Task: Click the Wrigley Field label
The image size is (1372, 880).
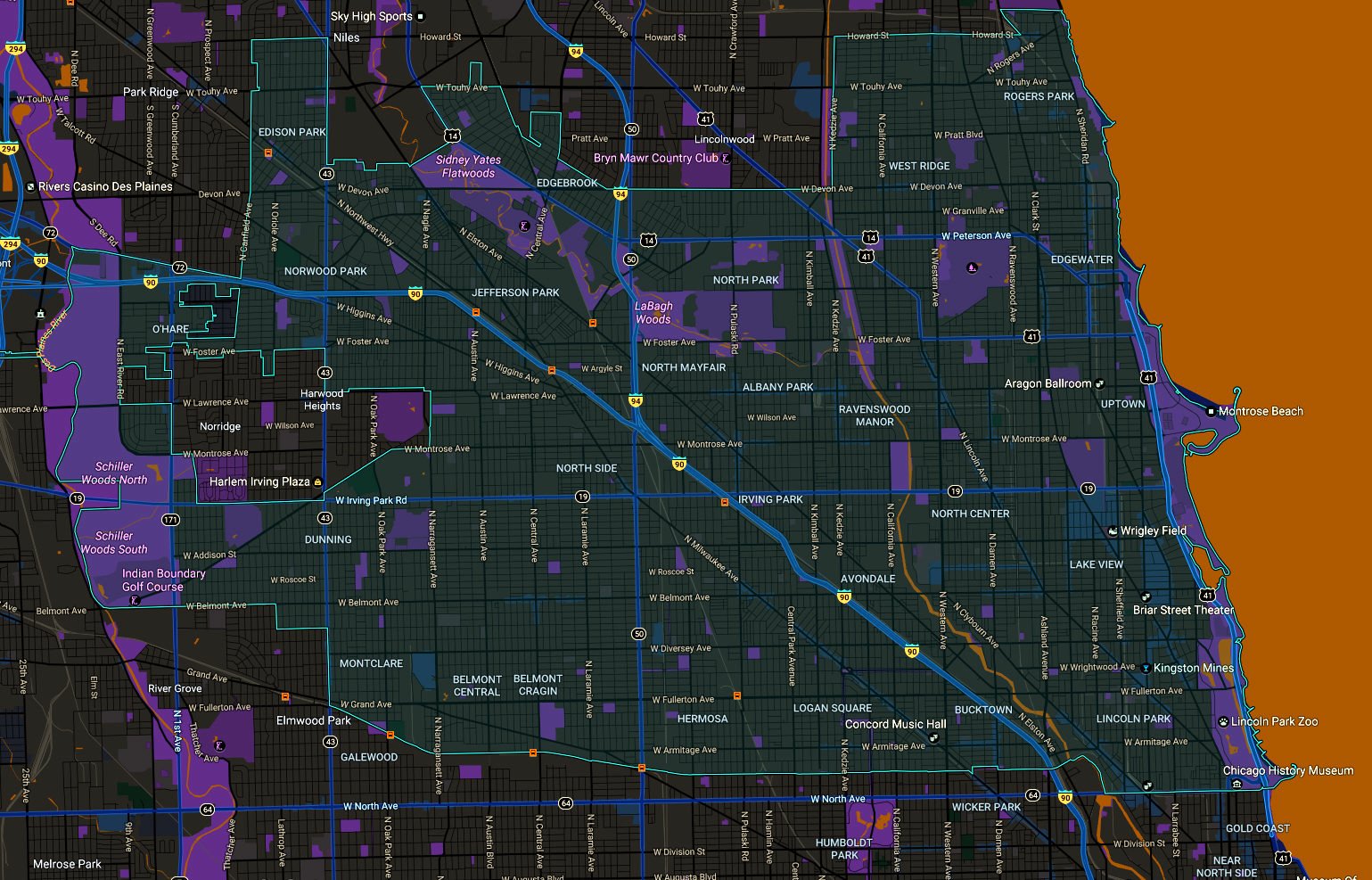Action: [1153, 530]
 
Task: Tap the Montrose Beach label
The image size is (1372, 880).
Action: [1260, 411]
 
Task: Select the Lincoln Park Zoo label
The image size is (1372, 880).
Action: [1273, 721]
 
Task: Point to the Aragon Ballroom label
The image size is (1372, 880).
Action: [1047, 383]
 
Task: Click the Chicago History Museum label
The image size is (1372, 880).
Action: [1287, 770]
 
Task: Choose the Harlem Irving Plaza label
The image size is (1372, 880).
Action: [259, 481]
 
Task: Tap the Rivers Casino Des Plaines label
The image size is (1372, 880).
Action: [105, 186]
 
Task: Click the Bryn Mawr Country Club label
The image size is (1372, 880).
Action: [656, 158]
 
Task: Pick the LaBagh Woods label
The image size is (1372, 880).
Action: [653, 312]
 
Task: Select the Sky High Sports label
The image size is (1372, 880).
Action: [371, 16]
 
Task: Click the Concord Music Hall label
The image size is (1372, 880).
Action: [895, 724]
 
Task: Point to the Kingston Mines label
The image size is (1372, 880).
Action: [1193, 668]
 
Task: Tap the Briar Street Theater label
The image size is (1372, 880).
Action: [1183, 610]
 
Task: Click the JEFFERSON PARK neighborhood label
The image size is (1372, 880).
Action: [515, 292]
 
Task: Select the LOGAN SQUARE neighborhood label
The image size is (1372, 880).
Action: [833, 708]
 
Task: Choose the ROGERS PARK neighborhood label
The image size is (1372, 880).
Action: [1039, 96]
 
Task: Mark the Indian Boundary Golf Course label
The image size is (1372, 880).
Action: [163, 580]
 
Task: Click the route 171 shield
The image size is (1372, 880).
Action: [170, 520]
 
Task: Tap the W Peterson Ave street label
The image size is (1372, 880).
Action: [976, 235]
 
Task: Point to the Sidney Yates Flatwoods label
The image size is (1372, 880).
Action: [468, 166]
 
